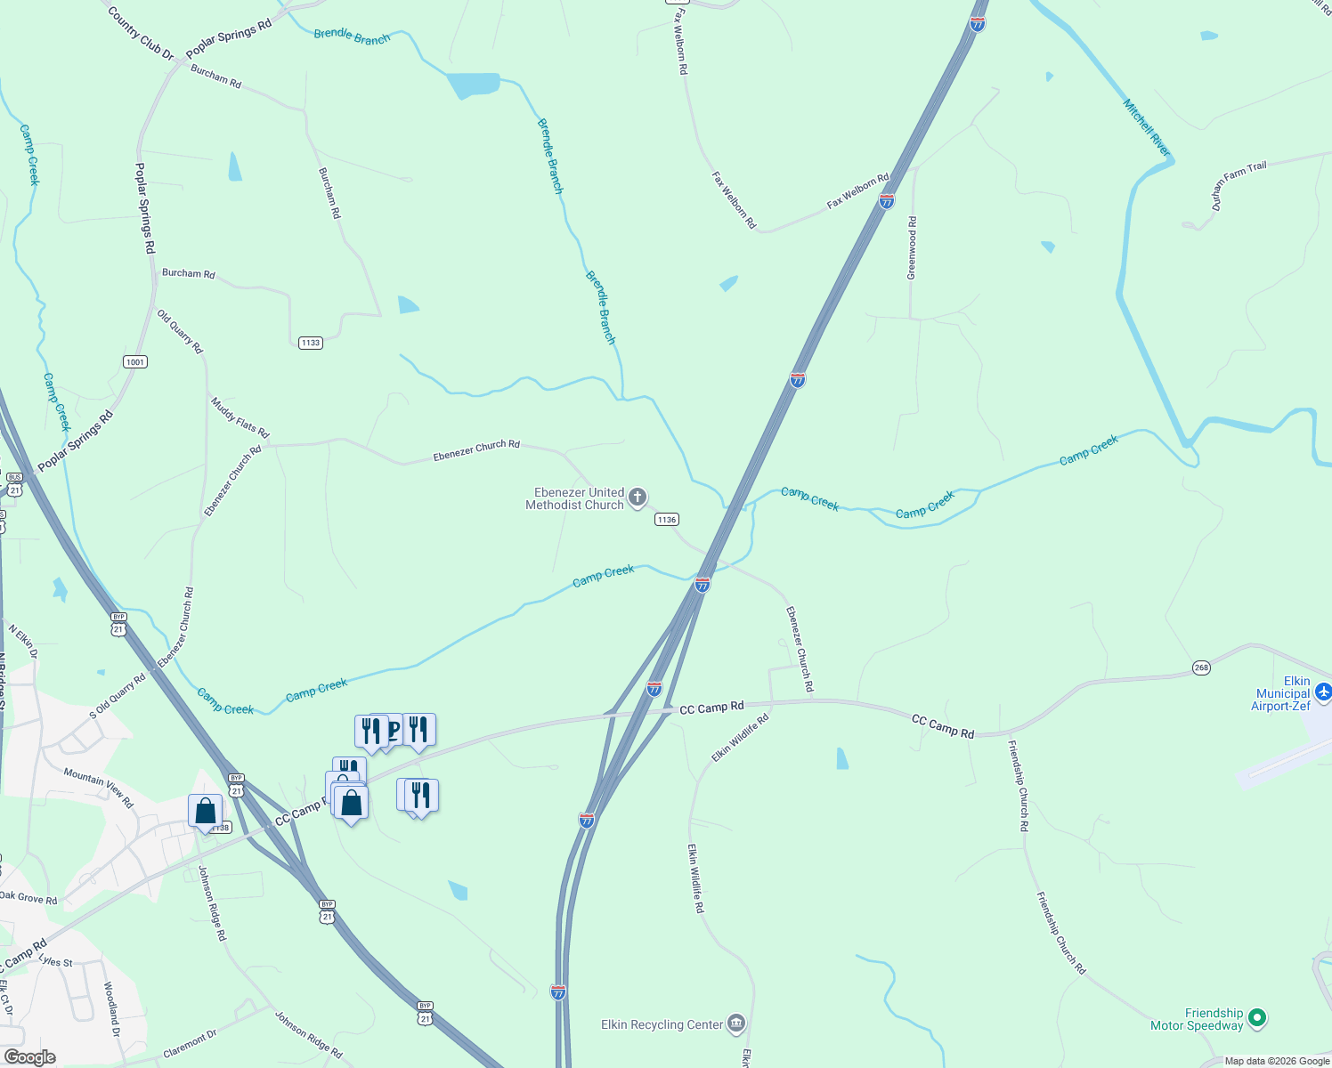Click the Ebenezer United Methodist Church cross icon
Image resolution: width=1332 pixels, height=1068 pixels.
point(638,498)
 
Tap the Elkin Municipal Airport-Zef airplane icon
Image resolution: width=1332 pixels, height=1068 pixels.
point(1323,691)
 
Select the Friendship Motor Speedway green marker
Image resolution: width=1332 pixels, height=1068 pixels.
point(1257,1016)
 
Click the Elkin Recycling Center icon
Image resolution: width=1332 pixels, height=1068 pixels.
point(735,1023)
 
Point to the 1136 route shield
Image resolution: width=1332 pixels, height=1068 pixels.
point(667,519)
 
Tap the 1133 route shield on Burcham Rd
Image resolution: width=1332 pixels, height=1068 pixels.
point(310,343)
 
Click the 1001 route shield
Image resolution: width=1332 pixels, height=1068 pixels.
point(135,361)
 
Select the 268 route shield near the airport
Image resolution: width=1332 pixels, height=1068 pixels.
point(1202,667)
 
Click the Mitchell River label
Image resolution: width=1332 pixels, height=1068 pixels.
point(1146,128)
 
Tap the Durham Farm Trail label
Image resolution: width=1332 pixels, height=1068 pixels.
point(1239,185)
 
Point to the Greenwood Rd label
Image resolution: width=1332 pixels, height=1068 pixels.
point(912,247)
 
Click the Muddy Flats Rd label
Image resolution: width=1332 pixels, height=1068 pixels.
point(240,417)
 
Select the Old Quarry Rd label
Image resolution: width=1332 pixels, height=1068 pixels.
point(180,332)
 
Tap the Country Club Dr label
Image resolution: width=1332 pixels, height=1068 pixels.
point(141,33)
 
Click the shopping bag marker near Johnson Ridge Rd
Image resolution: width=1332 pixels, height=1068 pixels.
point(206,811)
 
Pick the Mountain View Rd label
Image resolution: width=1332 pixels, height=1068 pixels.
point(98,788)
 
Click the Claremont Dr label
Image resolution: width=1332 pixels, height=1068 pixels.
point(191,1043)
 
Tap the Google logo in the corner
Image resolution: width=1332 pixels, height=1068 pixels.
point(30,1057)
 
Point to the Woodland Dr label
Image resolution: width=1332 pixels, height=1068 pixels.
point(111,1009)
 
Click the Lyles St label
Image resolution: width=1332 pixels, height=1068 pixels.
point(56,961)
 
